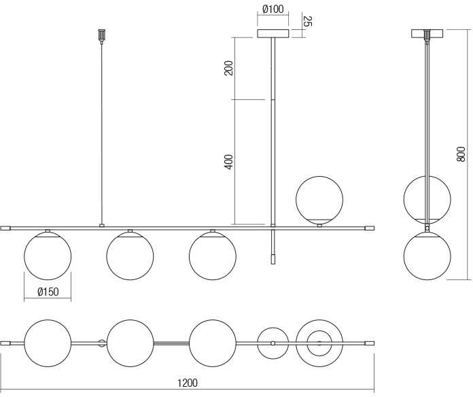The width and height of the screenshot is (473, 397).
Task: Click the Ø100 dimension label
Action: (273, 9)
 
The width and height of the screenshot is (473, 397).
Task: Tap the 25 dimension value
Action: (307, 22)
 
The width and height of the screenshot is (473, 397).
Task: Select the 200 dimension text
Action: (229, 68)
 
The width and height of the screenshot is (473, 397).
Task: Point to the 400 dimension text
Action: (229, 162)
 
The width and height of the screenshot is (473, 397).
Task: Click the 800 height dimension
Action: (461, 154)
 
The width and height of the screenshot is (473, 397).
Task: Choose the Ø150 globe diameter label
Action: (48, 292)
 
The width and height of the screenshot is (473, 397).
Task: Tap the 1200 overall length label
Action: (188, 383)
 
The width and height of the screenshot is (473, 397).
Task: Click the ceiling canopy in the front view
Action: (273, 33)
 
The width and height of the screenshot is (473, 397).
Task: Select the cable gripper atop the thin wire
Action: (102, 35)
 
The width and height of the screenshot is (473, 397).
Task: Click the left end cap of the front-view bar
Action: (5, 228)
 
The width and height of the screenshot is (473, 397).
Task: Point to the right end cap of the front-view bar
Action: (369, 228)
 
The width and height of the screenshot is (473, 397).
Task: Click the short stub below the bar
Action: (273, 247)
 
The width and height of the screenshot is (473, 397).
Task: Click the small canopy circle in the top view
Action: (273, 328)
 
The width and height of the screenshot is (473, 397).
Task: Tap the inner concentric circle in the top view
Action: (319, 331)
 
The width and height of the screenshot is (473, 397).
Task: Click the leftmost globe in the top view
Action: (48, 320)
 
